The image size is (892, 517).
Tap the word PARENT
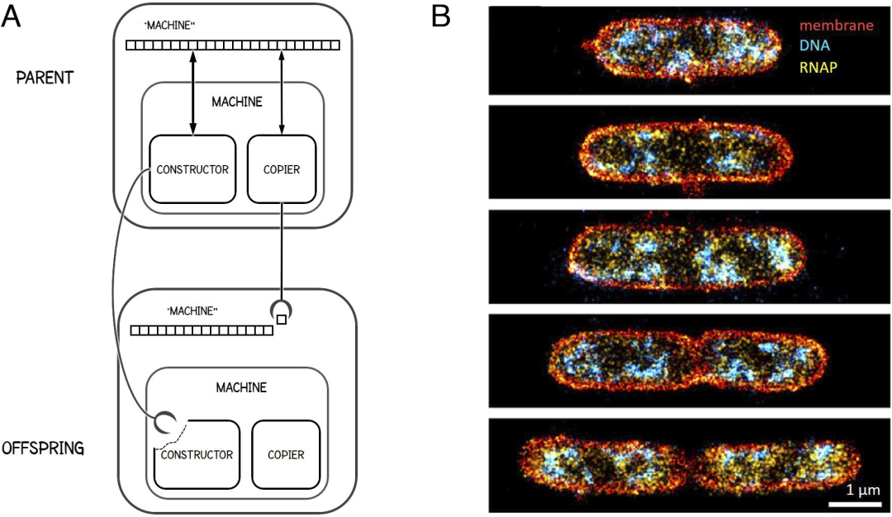[45, 78]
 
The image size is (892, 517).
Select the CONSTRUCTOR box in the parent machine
[193, 169]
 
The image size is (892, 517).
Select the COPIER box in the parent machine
[282, 169]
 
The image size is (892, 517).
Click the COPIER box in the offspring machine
[286, 454]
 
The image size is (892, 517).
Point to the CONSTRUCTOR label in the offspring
[197, 454]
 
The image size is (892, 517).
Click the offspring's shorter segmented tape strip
[202, 330]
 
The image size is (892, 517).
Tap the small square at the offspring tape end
[282, 320]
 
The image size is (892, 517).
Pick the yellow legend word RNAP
[816, 67]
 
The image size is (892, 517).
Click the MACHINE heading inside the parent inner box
[237, 102]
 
